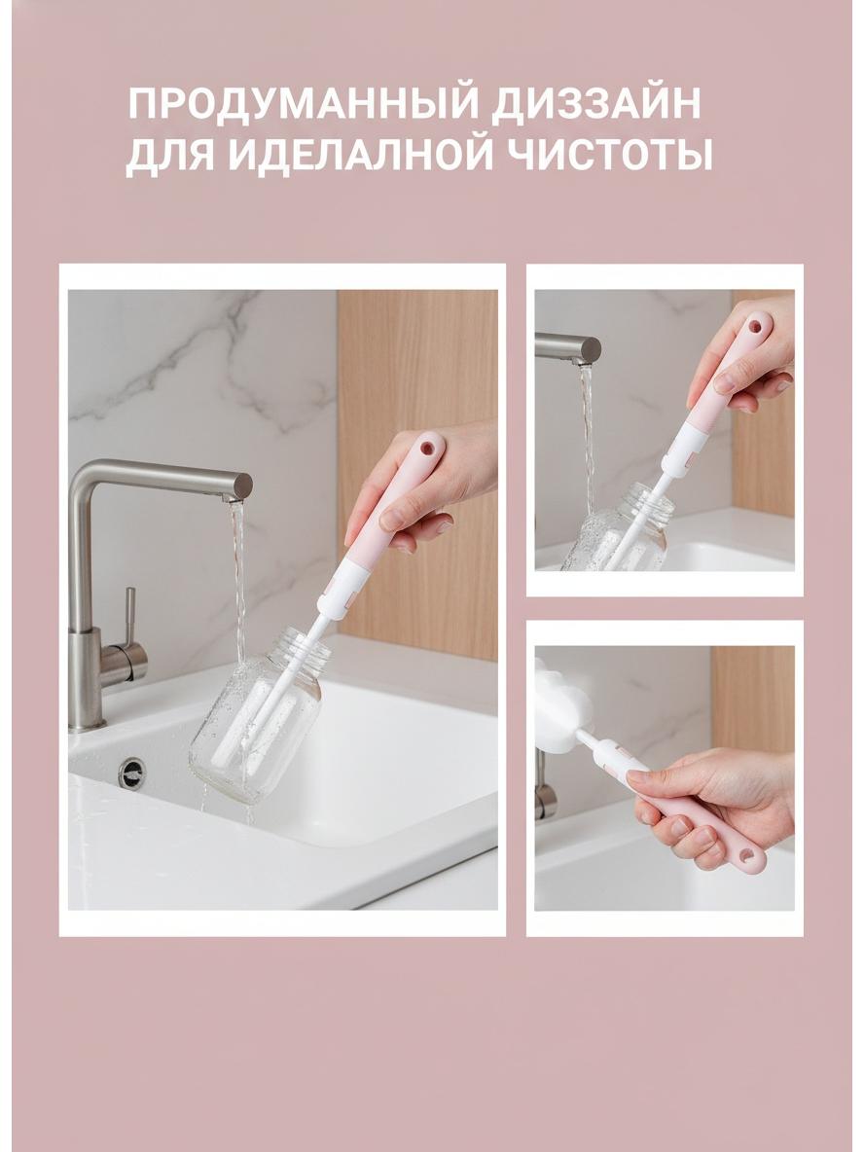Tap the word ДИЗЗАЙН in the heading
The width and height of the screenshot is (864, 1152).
tap(595, 103)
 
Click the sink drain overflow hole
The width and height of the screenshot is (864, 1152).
tap(131, 773)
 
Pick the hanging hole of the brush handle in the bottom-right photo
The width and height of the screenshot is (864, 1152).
tap(747, 856)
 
